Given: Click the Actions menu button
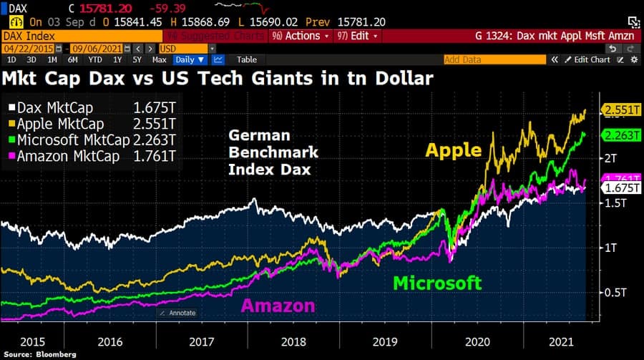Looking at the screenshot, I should click(x=306, y=35).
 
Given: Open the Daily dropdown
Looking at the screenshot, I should click(x=190, y=60).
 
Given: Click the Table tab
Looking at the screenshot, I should click(x=246, y=60).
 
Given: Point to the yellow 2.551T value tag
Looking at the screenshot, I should click(x=620, y=110).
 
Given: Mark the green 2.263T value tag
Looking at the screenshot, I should click(x=620, y=135).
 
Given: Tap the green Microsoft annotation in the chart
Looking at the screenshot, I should click(x=437, y=283).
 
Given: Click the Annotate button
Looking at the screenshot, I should click(x=179, y=313).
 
